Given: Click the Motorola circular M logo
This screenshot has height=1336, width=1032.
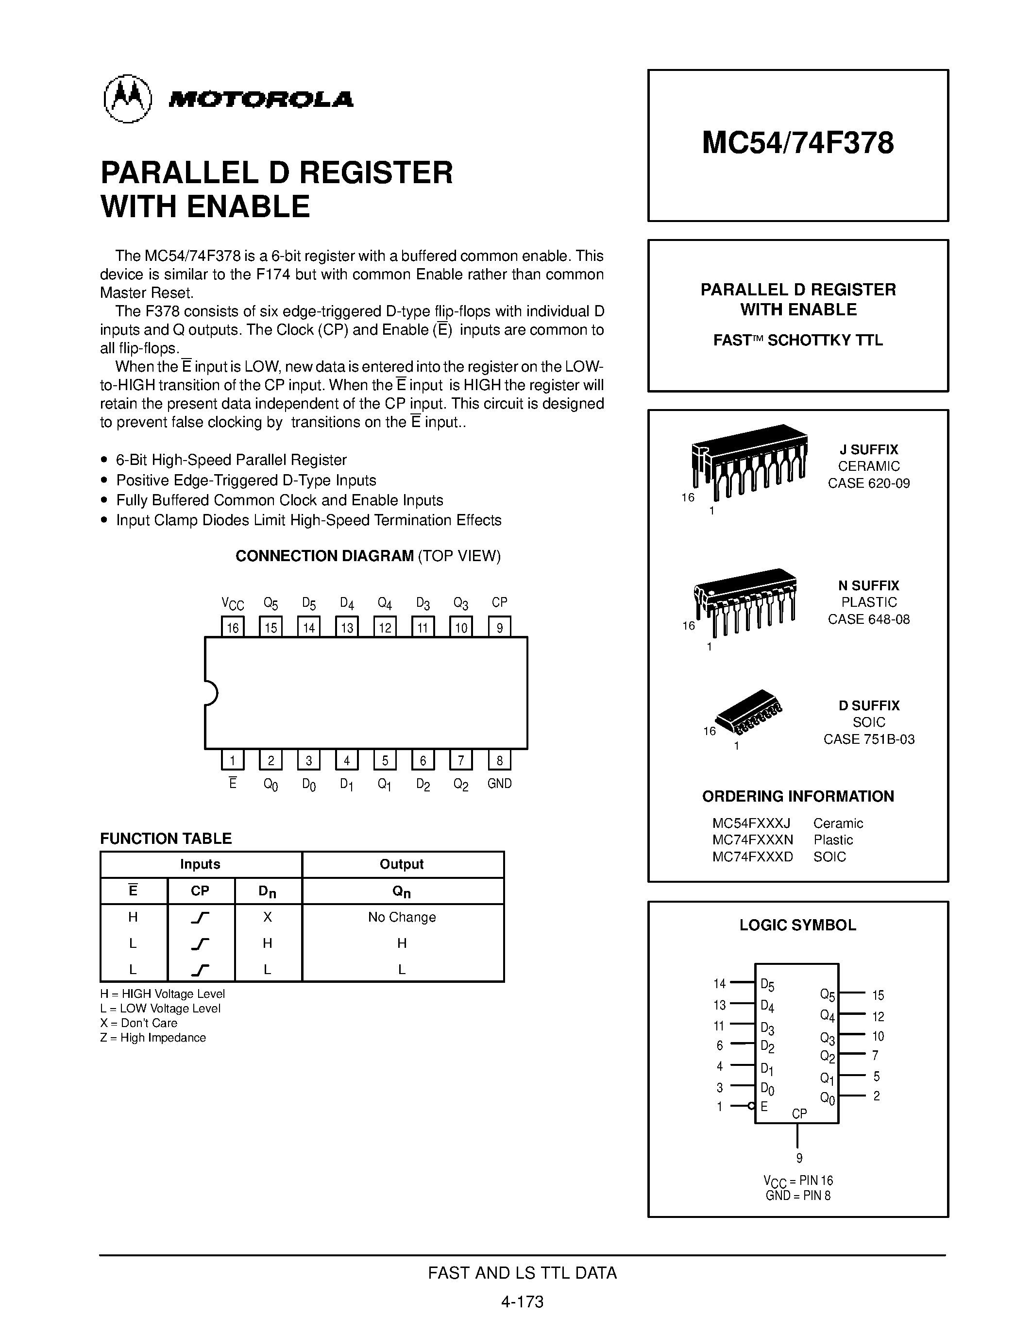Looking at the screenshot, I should tap(127, 99).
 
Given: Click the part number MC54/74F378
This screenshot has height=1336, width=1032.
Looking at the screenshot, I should tap(797, 143).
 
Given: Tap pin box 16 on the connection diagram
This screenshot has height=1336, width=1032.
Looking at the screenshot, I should tap(232, 627).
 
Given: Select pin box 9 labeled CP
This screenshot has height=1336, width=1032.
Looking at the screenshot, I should tap(500, 627).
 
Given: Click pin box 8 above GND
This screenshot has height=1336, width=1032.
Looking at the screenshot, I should tap(500, 760).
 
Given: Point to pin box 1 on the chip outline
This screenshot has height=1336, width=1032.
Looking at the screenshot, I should tap(232, 760).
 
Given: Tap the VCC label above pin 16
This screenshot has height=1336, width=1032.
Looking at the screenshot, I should tap(232, 604).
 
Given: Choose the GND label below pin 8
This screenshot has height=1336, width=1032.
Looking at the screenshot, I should tap(500, 784).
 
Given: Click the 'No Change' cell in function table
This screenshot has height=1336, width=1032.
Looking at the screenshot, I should tap(402, 917).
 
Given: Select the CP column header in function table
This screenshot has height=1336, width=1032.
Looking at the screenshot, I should tap(200, 891).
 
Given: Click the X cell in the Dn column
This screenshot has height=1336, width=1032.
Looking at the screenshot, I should tap(267, 917).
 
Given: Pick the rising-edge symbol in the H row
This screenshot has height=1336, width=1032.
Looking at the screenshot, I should tap(200, 917).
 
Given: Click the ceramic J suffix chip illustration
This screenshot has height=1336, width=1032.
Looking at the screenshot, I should tap(748, 459).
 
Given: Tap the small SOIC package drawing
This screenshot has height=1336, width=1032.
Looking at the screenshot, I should tap(748, 713).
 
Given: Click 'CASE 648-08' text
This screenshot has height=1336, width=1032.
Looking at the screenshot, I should tap(868, 619).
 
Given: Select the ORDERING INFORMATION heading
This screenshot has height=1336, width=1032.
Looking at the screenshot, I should tap(797, 796).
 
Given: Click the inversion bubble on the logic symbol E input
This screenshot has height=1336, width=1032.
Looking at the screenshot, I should tap(751, 1105).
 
